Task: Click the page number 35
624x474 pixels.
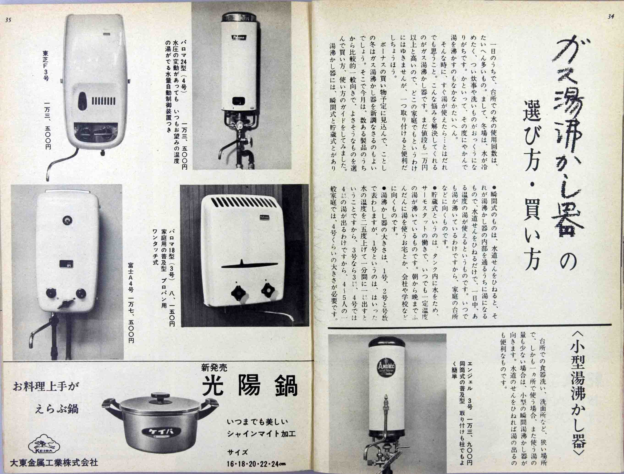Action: click(x=8, y=20)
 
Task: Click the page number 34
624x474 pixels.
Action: click(x=610, y=16)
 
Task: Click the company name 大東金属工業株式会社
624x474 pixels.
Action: click(x=54, y=463)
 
